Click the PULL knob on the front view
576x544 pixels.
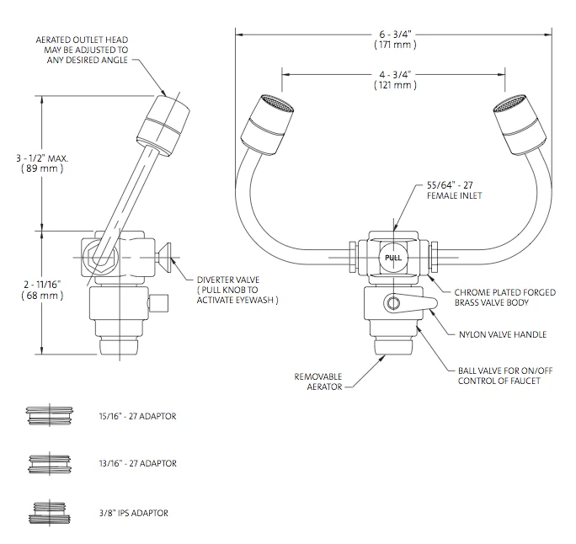tap(392, 259)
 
